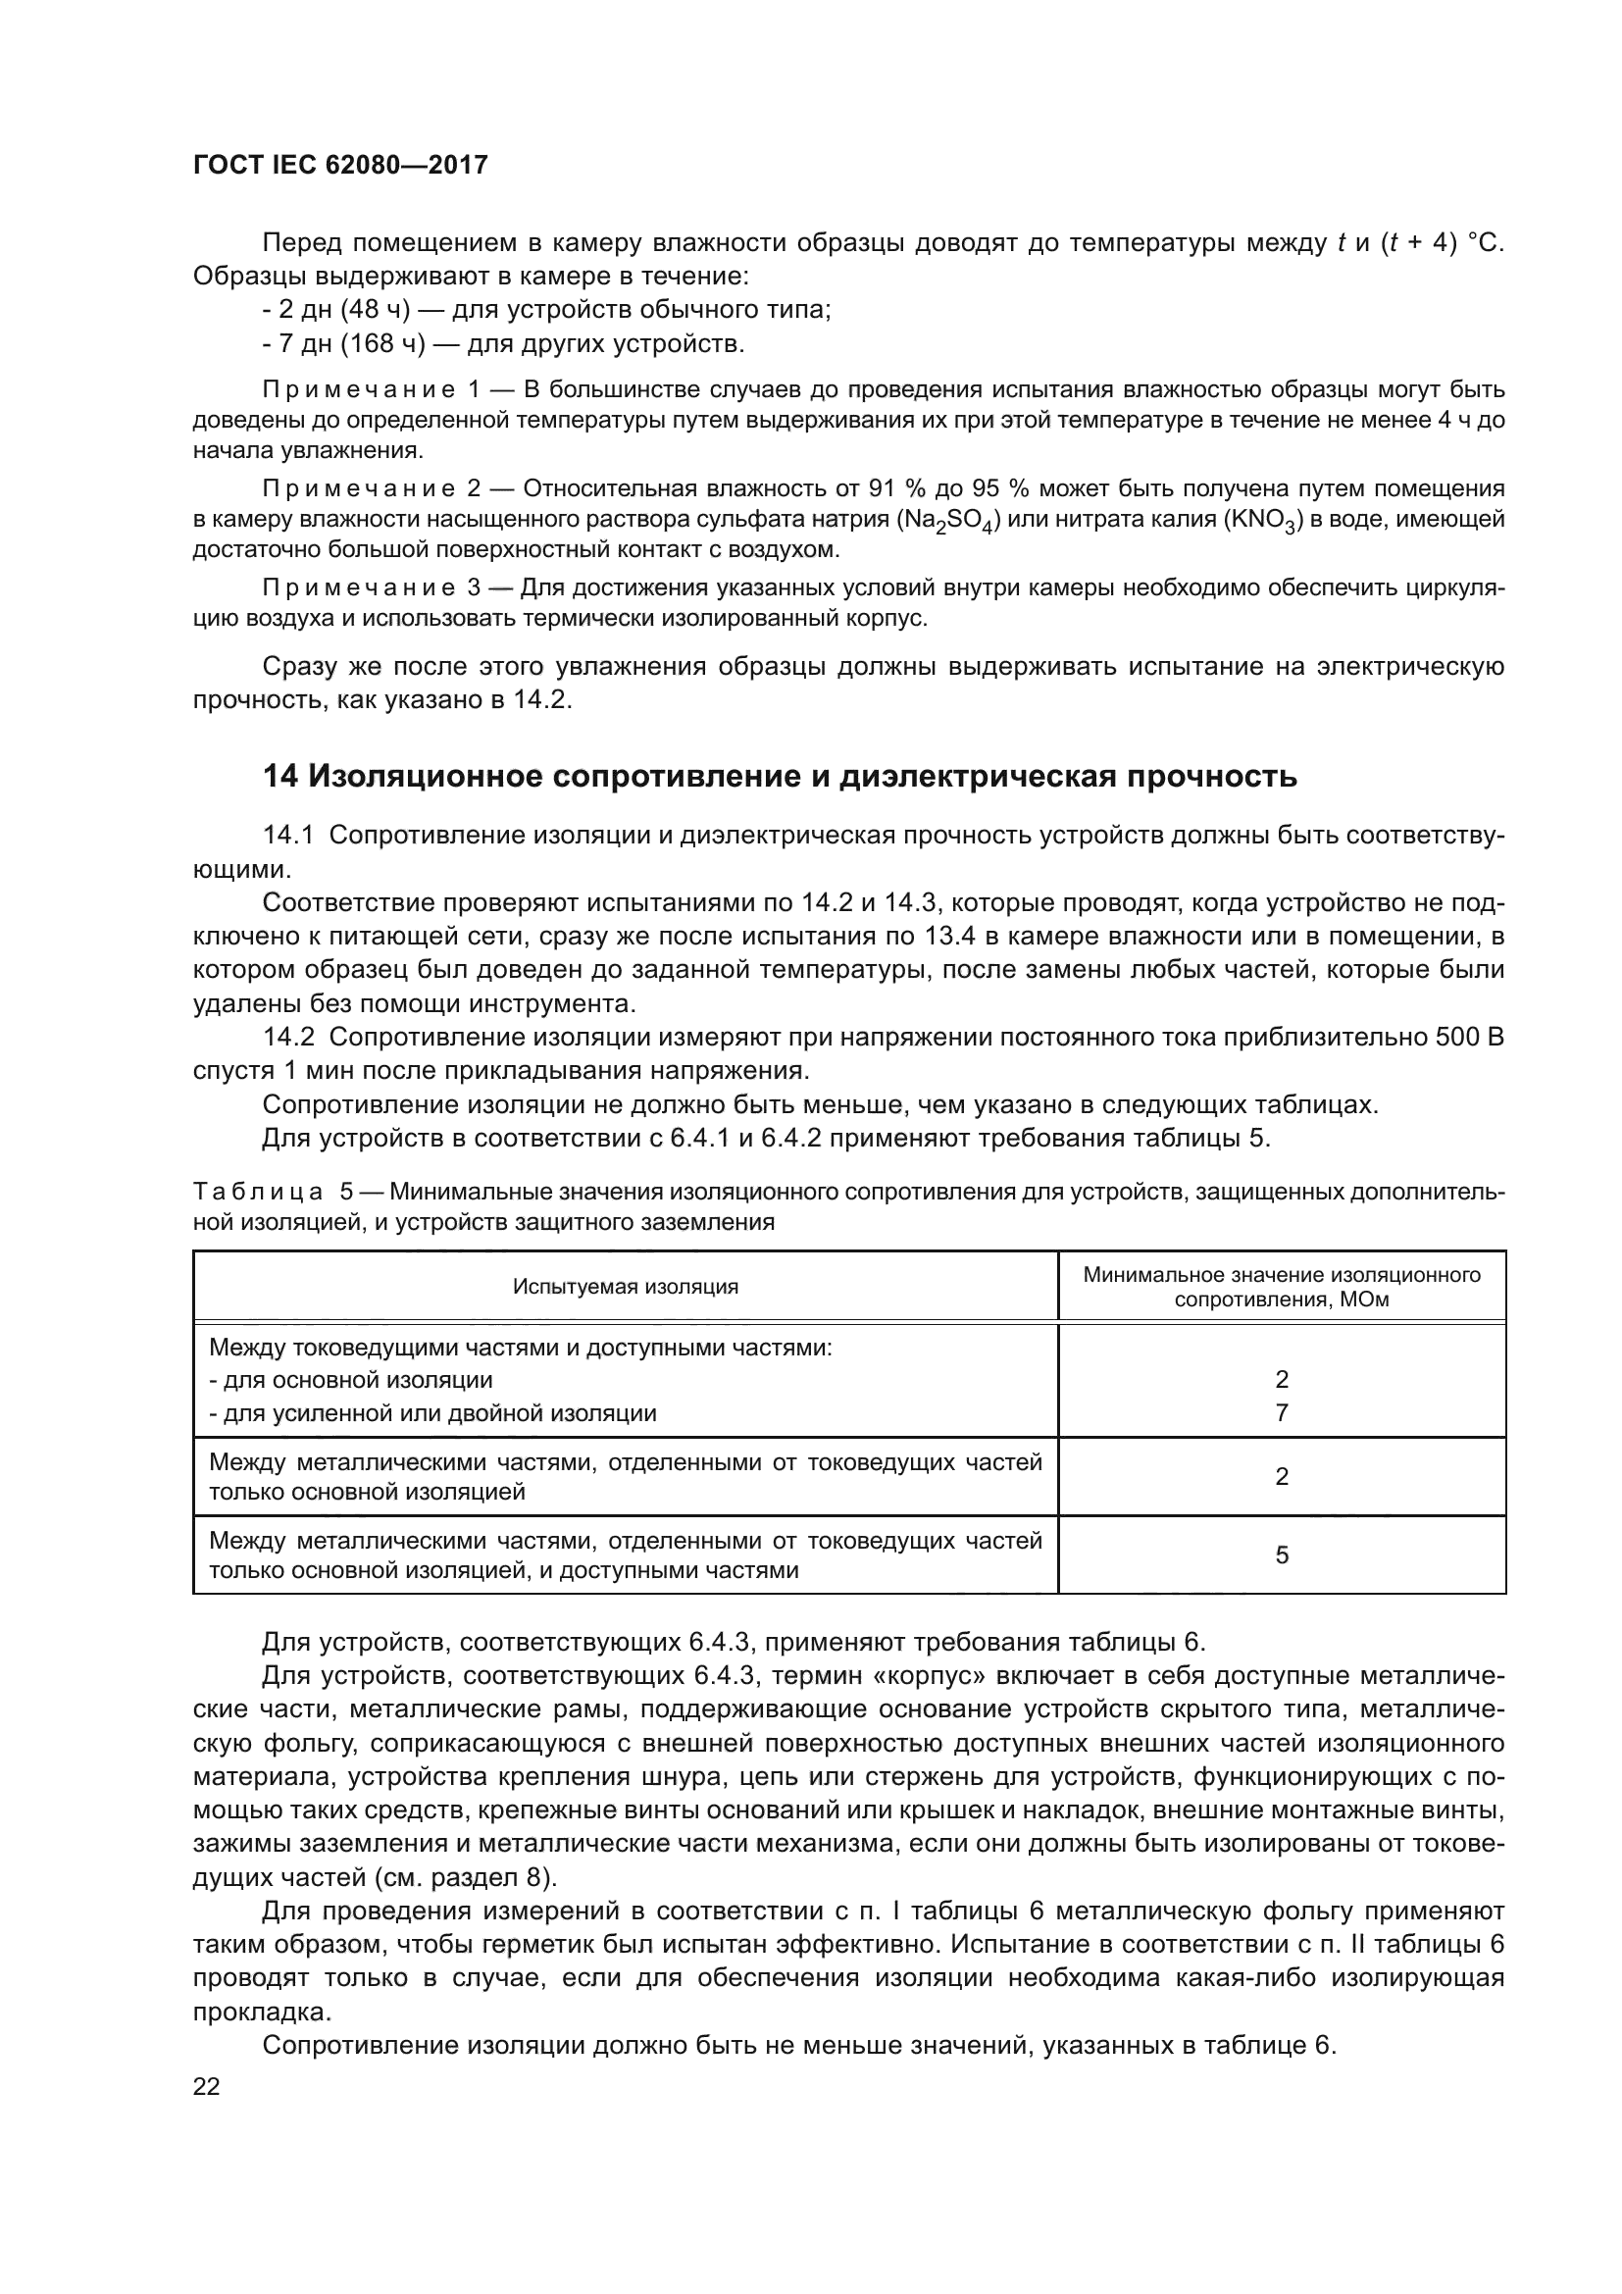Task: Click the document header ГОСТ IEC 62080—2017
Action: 339,165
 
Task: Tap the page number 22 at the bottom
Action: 207,2086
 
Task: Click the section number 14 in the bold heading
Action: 280,777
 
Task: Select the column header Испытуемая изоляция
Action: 626,1287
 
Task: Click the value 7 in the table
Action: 1282,1412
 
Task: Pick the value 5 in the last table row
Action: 1282,1555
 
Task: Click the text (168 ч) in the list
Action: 382,344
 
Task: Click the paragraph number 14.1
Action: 287,836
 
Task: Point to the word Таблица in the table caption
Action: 258,1192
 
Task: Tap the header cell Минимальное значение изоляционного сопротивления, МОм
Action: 1282,1287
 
